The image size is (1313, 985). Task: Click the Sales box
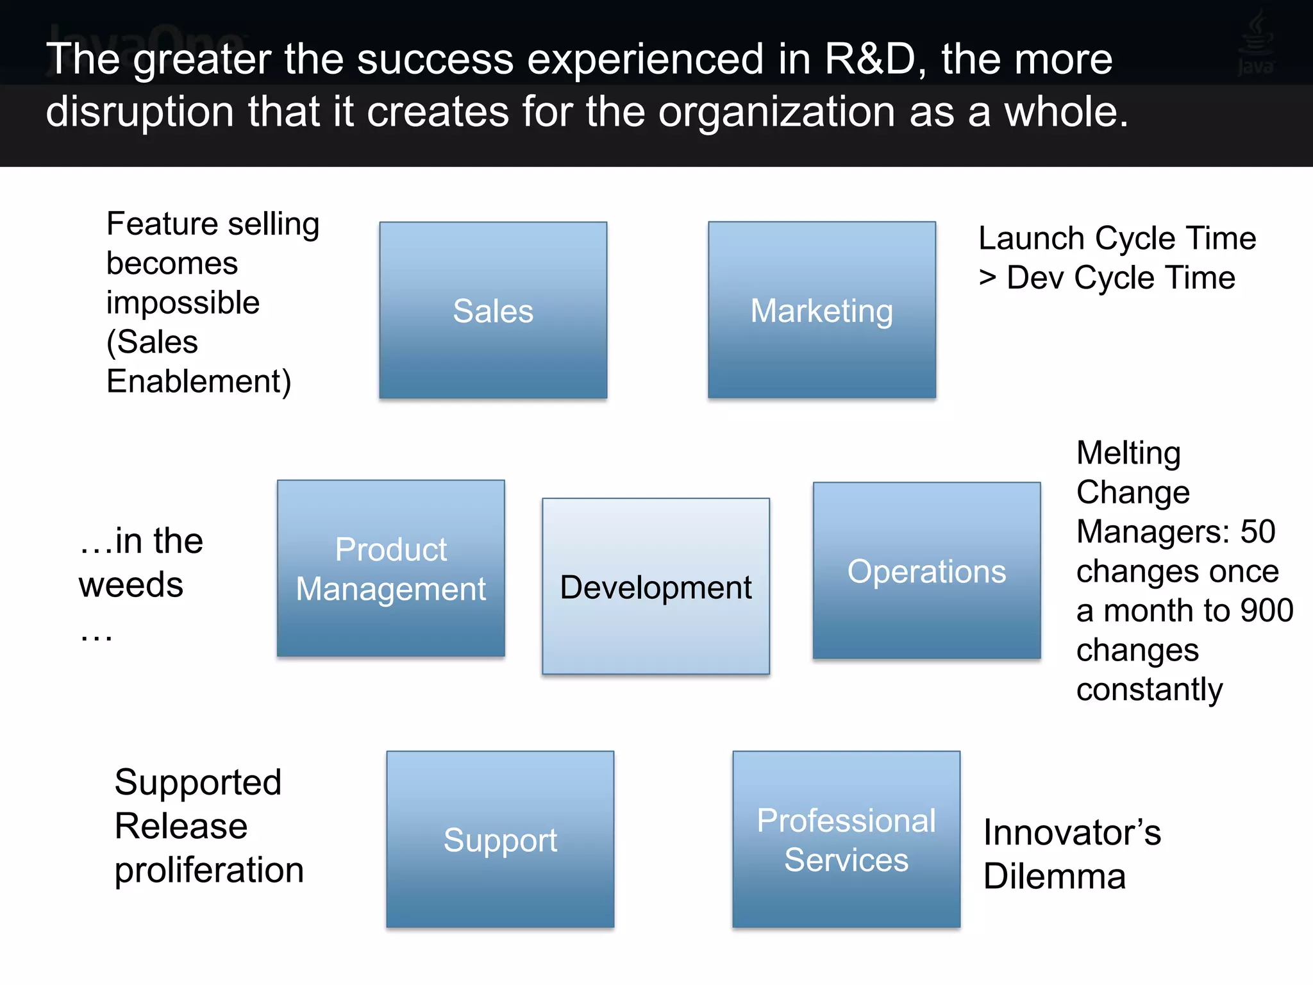(493, 310)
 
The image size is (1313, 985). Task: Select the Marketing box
(821, 310)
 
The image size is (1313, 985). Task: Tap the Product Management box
(390, 568)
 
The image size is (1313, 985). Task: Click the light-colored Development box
(655, 586)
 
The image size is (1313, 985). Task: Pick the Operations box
(926, 570)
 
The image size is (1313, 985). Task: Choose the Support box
(500, 839)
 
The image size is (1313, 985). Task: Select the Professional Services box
(846, 839)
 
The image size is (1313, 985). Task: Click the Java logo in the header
(1255, 44)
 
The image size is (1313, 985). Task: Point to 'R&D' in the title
(870, 59)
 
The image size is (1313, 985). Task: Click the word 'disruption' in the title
(140, 112)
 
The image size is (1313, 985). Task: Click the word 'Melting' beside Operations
(1128, 453)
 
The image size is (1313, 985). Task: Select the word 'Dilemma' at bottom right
(1055, 876)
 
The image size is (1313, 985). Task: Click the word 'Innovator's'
(1072, 832)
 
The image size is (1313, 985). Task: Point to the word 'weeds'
(131, 585)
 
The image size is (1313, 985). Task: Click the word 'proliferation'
(209, 870)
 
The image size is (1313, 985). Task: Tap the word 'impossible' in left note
(183, 303)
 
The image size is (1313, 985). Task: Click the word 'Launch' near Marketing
(1031, 239)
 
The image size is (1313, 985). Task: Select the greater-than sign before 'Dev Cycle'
(987, 278)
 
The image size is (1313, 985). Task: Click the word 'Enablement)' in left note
(199, 382)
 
